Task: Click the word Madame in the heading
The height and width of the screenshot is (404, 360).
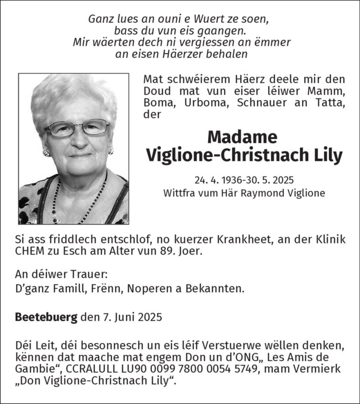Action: (x=242, y=136)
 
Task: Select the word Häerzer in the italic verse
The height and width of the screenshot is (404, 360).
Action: (x=159, y=54)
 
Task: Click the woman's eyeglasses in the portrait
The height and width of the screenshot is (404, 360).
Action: (x=77, y=128)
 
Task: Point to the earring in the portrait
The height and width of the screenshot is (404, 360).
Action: (x=47, y=153)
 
